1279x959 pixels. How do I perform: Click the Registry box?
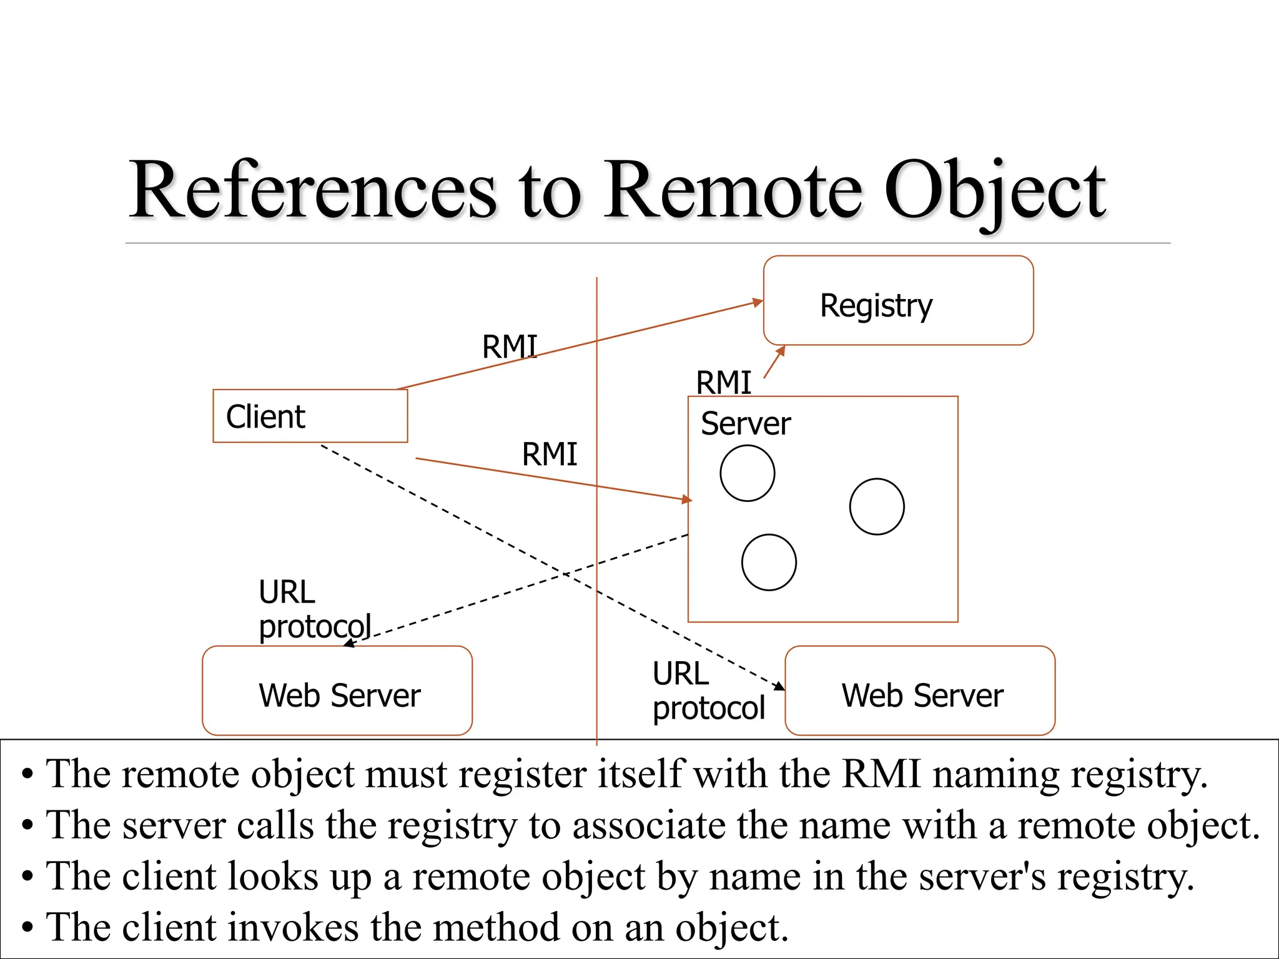[898, 300]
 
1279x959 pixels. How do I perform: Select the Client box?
[310, 416]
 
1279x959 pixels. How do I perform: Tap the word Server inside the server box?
[745, 424]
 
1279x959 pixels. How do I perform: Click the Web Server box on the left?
[337, 691]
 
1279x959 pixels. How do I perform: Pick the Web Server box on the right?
[920, 691]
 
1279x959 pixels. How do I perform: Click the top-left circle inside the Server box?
[747, 473]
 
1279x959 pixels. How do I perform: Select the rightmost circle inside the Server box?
[877, 506]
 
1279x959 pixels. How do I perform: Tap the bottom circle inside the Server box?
[769, 562]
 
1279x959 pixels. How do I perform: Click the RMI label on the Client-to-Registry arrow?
[509, 347]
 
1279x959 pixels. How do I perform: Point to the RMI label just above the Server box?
[723, 382]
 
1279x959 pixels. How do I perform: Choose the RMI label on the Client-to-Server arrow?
[549, 454]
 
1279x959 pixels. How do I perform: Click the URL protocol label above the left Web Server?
[314, 609]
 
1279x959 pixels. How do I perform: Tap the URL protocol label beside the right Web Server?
[708, 691]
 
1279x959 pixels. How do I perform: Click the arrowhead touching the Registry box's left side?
[758, 303]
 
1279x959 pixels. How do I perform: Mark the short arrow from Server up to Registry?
[774, 363]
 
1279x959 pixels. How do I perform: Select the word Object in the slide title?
[995, 191]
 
